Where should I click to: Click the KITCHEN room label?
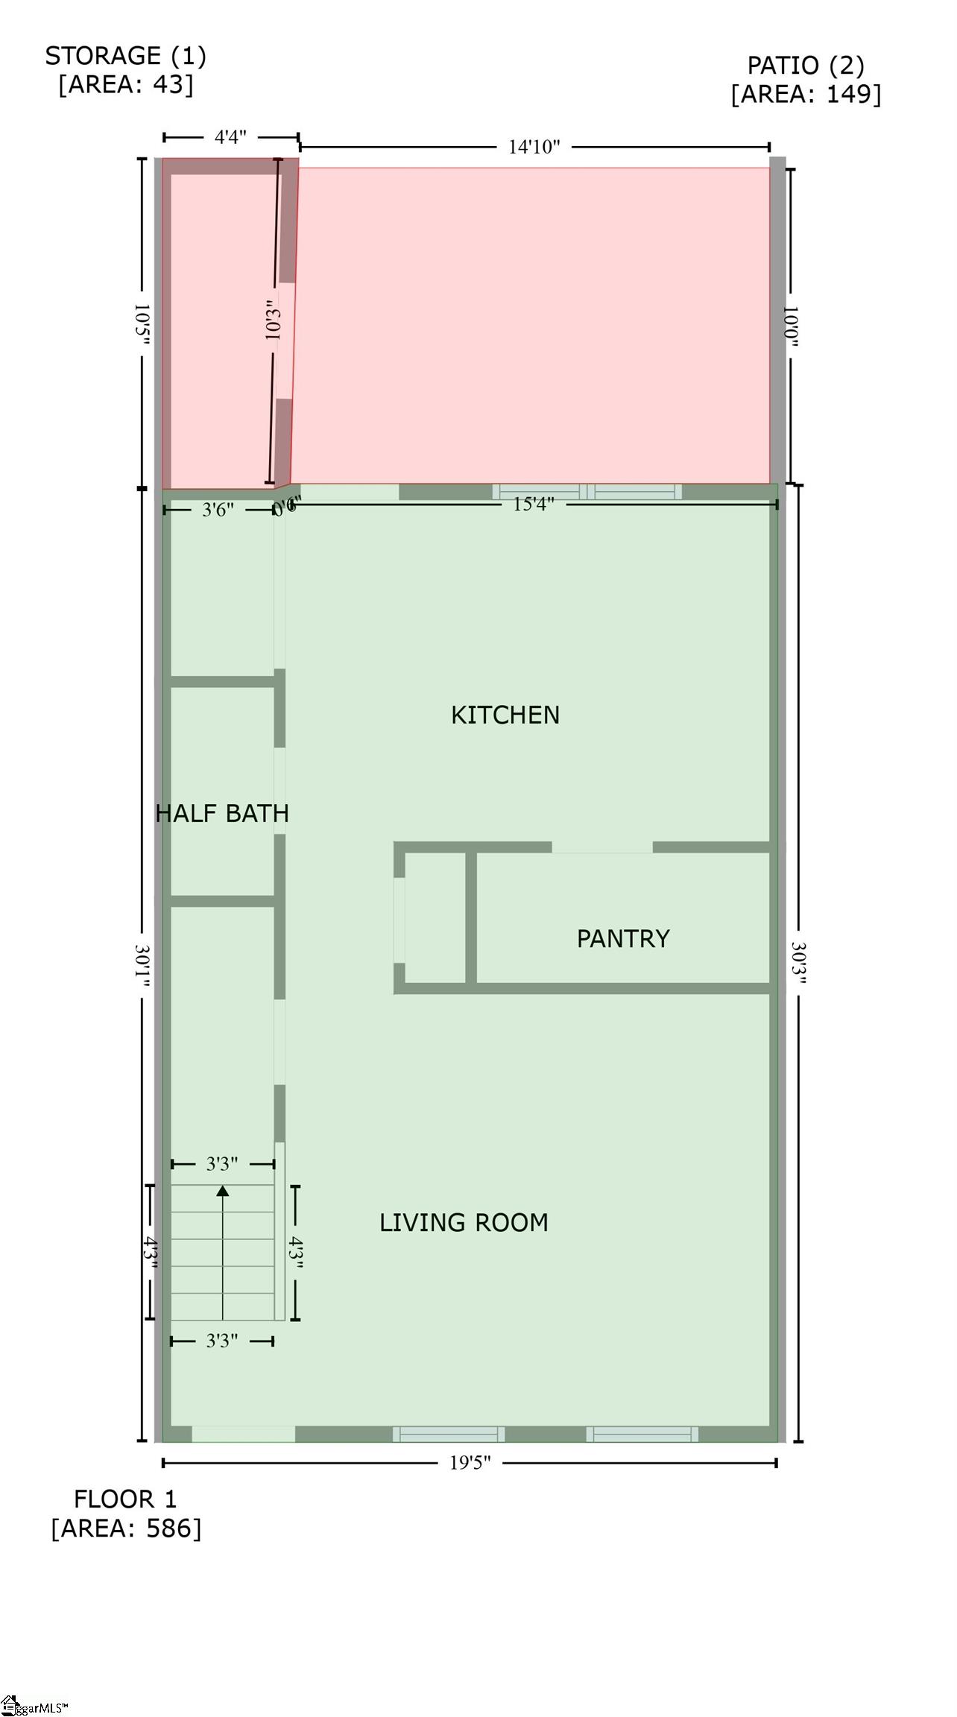(505, 715)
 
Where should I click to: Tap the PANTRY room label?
(623, 938)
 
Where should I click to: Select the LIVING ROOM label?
(464, 1222)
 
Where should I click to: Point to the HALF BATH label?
(222, 813)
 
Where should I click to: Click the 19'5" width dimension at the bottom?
(470, 1462)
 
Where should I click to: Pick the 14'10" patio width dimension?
(534, 147)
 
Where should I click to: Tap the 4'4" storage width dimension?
(230, 137)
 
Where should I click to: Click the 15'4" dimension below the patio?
(533, 505)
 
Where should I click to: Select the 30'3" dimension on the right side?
(798, 963)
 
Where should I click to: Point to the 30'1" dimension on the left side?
(142, 967)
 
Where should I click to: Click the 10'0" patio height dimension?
(790, 326)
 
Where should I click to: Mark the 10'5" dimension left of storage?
(142, 324)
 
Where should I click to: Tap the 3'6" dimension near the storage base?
(218, 510)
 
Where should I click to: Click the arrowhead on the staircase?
(222, 1191)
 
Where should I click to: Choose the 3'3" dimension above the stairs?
(222, 1163)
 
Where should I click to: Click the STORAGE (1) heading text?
(125, 56)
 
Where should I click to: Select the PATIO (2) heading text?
(806, 66)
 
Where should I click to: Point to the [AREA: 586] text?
(126, 1528)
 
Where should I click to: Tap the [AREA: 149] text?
(806, 94)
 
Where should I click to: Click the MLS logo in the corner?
(33, 1706)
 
